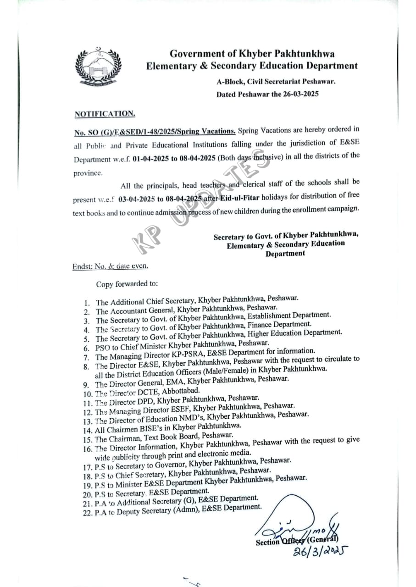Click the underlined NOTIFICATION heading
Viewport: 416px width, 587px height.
pyautogui.click(x=105, y=114)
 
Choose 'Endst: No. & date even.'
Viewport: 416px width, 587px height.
pyautogui.click(x=110, y=266)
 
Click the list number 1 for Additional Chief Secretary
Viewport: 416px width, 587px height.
pyautogui.click(x=87, y=303)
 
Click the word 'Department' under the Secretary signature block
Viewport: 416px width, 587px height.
pyautogui.click(x=285, y=253)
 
